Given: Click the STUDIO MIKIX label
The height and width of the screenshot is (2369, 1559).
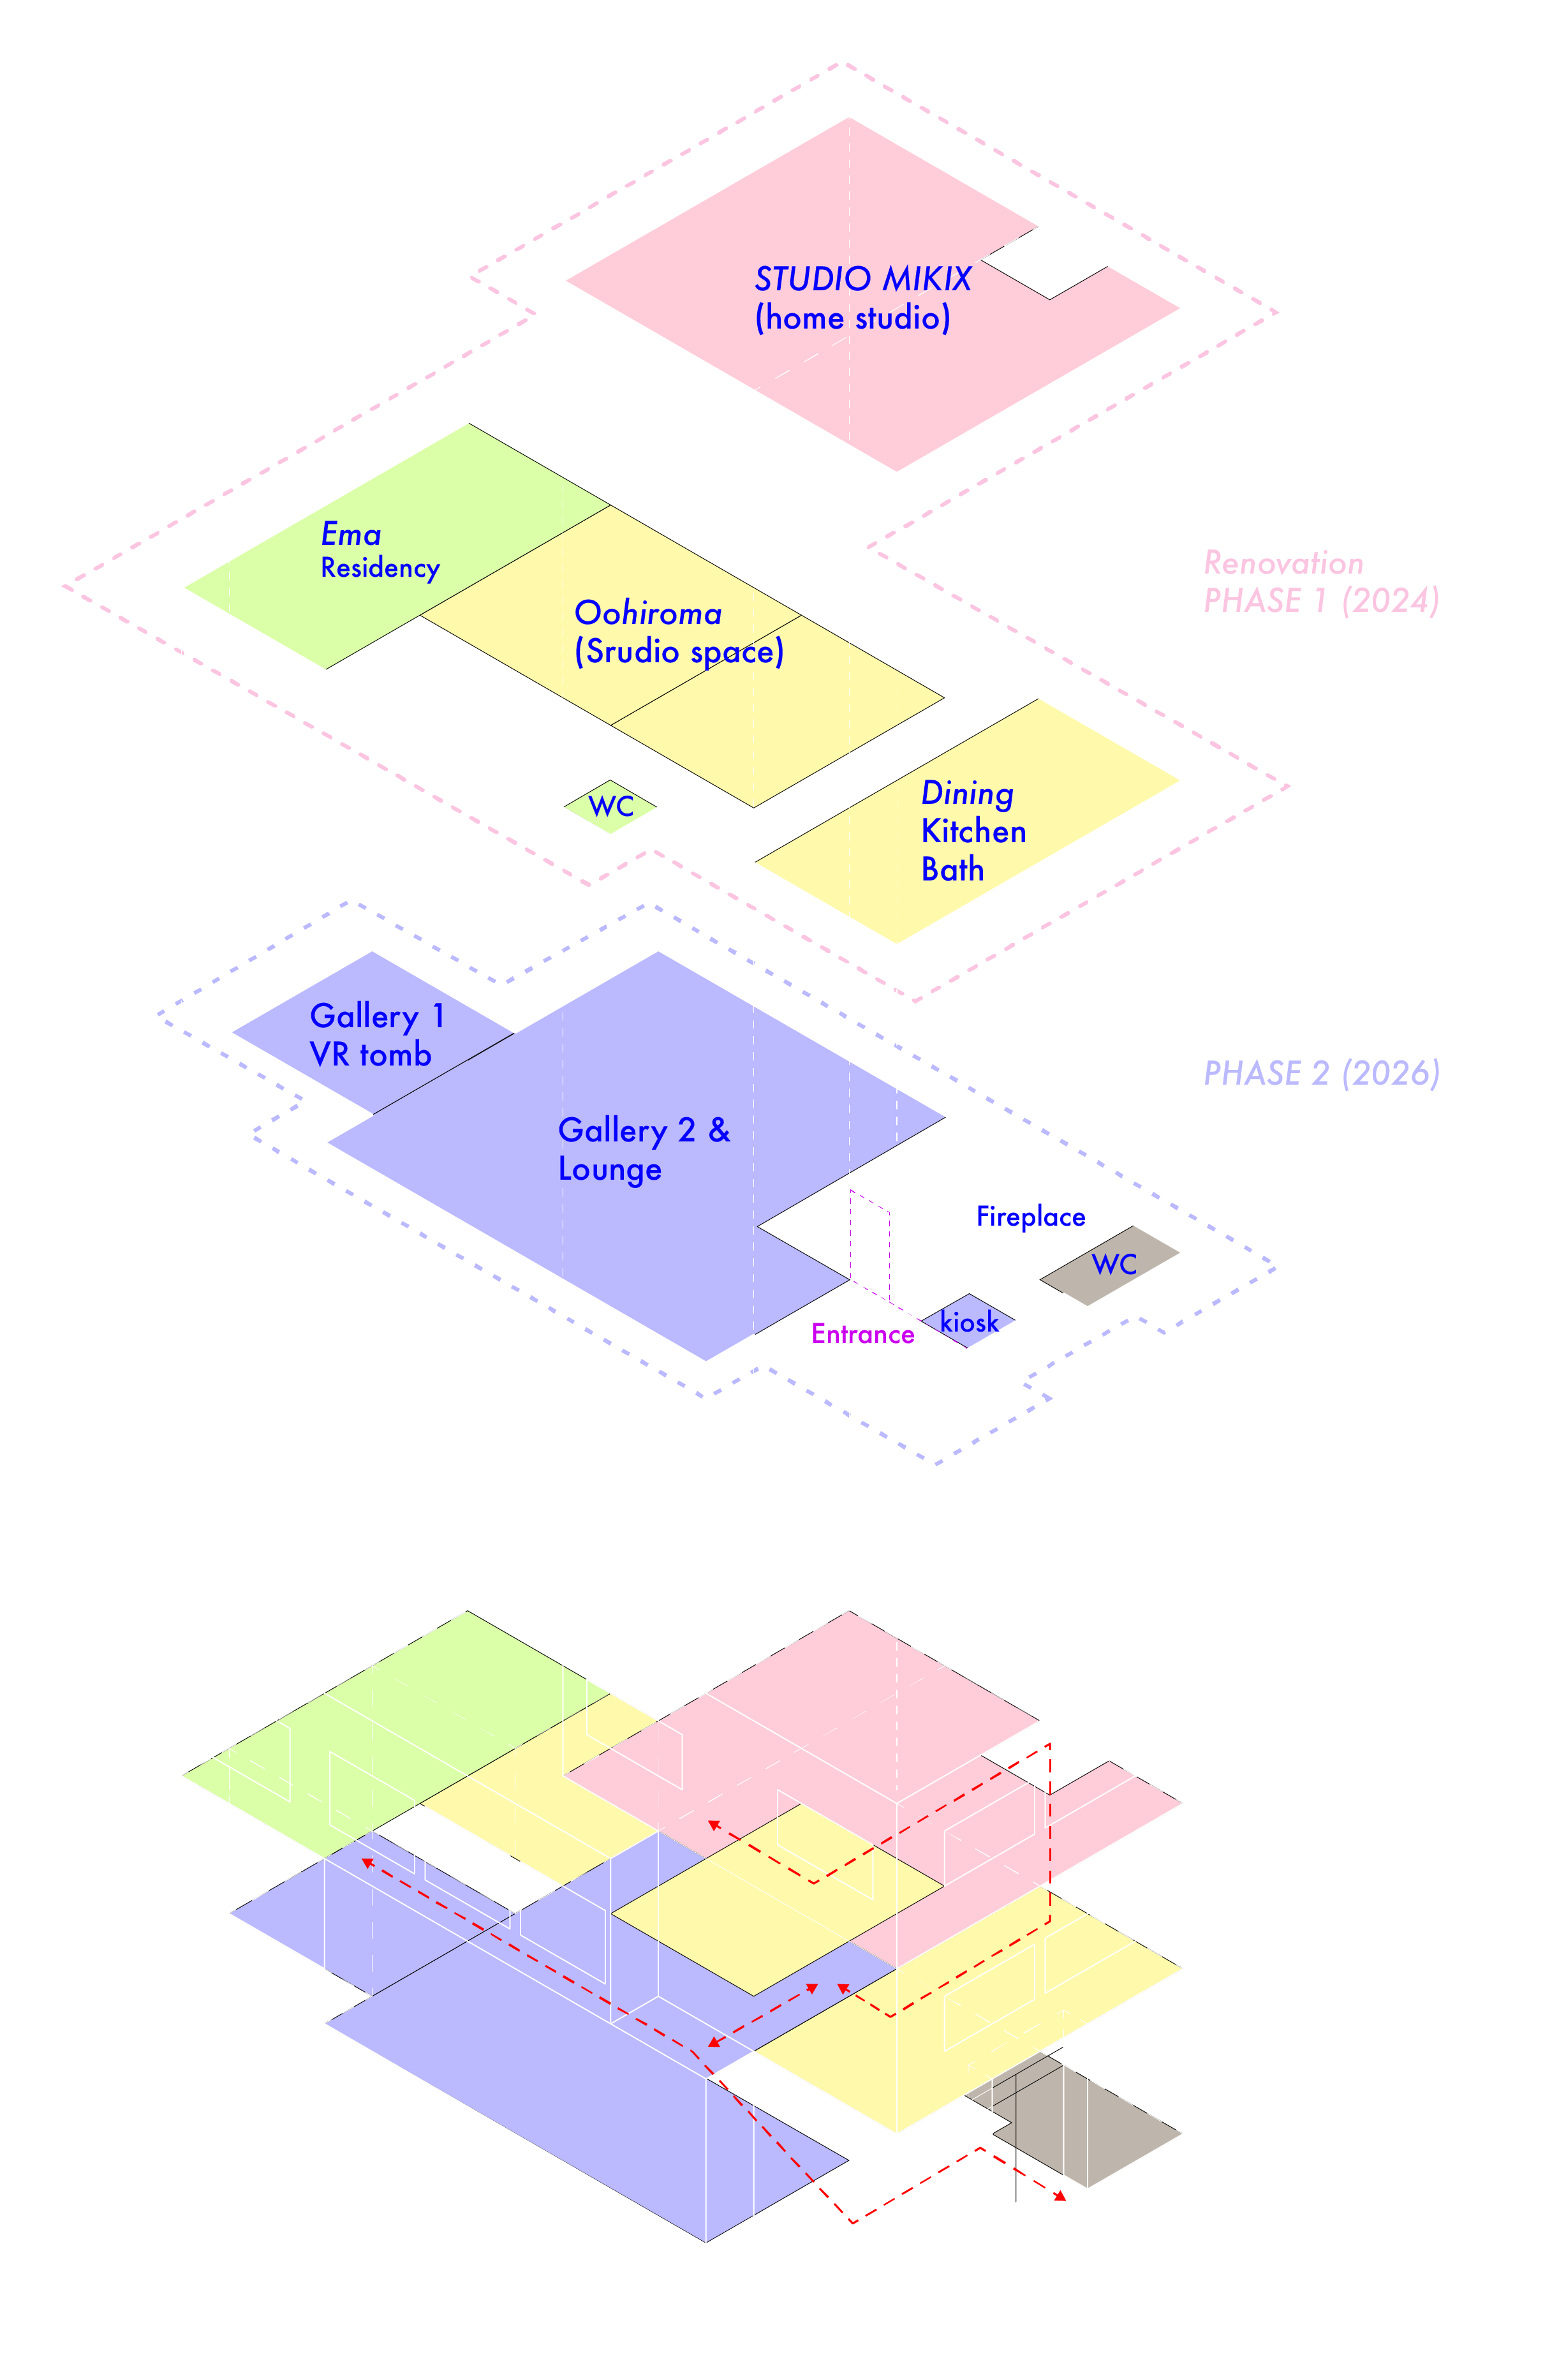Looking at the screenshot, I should pyautogui.click(x=862, y=279).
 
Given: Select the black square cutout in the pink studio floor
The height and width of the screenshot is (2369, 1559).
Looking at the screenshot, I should pyautogui.click(x=1045, y=264).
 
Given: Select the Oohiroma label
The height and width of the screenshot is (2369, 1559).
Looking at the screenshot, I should pyautogui.click(x=647, y=613).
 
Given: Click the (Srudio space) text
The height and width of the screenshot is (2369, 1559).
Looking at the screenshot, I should pyautogui.click(x=679, y=651).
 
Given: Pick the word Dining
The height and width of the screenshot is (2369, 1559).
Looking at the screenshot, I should pyautogui.click(x=967, y=793).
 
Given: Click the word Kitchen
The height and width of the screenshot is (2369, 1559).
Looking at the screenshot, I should pyautogui.click(x=973, y=831).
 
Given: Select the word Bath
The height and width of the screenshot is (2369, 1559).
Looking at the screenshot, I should pyautogui.click(x=952, y=869).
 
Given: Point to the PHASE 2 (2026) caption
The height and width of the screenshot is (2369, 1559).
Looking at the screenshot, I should pyautogui.click(x=1321, y=1073).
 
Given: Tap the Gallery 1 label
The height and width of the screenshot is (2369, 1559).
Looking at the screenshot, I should pyautogui.click(x=377, y=1016).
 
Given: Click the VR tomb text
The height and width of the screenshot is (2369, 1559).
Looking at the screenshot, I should pyautogui.click(x=370, y=1054).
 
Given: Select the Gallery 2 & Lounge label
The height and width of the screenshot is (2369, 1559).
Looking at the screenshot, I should pyautogui.click(x=644, y=1150).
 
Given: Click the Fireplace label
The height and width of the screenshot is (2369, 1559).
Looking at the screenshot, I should pyautogui.click(x=1031, y=1216).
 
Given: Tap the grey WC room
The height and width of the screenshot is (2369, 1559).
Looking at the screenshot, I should pyautogui.click(x=1113, y=1265).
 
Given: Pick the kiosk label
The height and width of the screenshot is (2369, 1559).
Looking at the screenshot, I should pyautogui.click(x=969, y=1322).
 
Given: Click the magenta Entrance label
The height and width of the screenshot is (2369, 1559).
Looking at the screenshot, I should pyautogui.click(x=862, y=1334).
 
